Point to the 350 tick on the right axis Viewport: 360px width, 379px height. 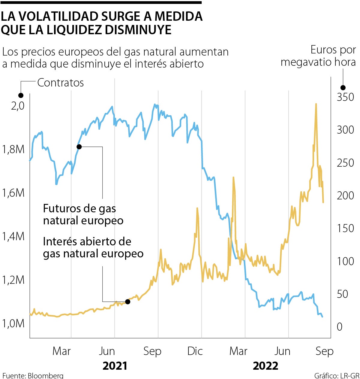tap(345, 97)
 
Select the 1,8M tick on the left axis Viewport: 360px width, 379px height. tap(13, 149)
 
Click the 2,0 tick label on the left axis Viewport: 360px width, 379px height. tap(17, 106)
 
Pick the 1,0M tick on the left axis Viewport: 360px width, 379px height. tap(13, 323)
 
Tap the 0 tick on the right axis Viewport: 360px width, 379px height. tap(339, 326)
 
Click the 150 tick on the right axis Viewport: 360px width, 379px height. tap(345, 228)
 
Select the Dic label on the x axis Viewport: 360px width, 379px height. tap(195, 351)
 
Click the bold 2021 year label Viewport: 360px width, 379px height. tap(115, 366)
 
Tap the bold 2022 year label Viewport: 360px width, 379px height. tap(265, 366)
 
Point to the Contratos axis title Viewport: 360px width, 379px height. tap(61, 83)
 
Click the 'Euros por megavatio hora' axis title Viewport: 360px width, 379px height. tap(318, 56)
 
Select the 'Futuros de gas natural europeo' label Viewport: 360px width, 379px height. tap(83, 214)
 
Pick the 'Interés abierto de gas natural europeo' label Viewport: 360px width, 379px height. tap(93, 247)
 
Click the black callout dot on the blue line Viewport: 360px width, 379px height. tap(79, 147)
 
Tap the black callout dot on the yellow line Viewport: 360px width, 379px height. tap(127, 302)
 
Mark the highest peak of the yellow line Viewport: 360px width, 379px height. tap(316, 104)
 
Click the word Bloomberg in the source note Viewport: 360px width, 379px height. tap(46, 375)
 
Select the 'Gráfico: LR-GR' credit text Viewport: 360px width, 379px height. tap(337, 375)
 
